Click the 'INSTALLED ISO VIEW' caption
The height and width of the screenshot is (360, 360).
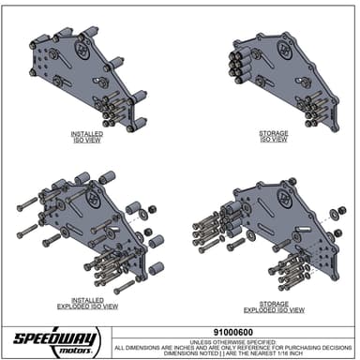point(87,138)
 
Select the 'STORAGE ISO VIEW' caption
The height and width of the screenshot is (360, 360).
point(274,138)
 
